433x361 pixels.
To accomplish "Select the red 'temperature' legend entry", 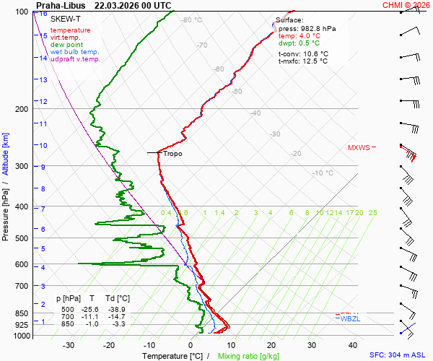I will [71, 30].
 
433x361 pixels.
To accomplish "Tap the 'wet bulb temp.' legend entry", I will [75, 52].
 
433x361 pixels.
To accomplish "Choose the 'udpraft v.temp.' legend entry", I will [76, 59].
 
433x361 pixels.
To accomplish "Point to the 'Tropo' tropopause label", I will [172, 154].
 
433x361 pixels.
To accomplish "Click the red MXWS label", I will [359, 147].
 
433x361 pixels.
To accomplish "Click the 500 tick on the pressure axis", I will [22, 238].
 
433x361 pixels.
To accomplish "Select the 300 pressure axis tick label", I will [22, 166].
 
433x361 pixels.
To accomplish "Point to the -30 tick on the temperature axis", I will [69, 346].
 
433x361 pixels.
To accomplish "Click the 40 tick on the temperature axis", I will [353, 346].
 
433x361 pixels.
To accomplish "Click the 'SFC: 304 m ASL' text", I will [398, 356].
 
